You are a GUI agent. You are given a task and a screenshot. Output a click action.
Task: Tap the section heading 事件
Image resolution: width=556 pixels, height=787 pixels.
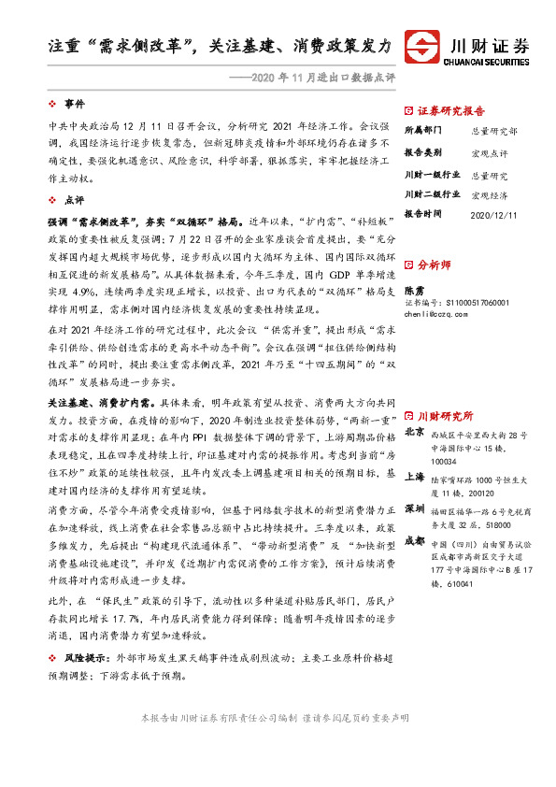[75, 103]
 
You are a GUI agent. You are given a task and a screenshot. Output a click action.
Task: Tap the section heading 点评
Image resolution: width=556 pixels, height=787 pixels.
[75, 200]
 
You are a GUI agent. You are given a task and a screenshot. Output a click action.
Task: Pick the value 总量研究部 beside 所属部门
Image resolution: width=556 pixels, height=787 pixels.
[492, 132]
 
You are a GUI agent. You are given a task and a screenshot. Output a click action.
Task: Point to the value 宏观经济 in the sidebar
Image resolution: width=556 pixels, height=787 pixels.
[490, 194]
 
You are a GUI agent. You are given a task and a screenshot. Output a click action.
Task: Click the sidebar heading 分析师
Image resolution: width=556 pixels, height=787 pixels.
[435, 265]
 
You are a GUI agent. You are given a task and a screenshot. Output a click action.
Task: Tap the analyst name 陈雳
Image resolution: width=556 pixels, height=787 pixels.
[414, 292]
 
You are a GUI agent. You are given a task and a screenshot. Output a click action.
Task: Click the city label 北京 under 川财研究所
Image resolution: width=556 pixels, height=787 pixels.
[416, 433]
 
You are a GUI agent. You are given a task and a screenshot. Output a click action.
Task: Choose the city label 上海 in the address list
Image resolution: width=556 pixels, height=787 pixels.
[416, 475]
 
